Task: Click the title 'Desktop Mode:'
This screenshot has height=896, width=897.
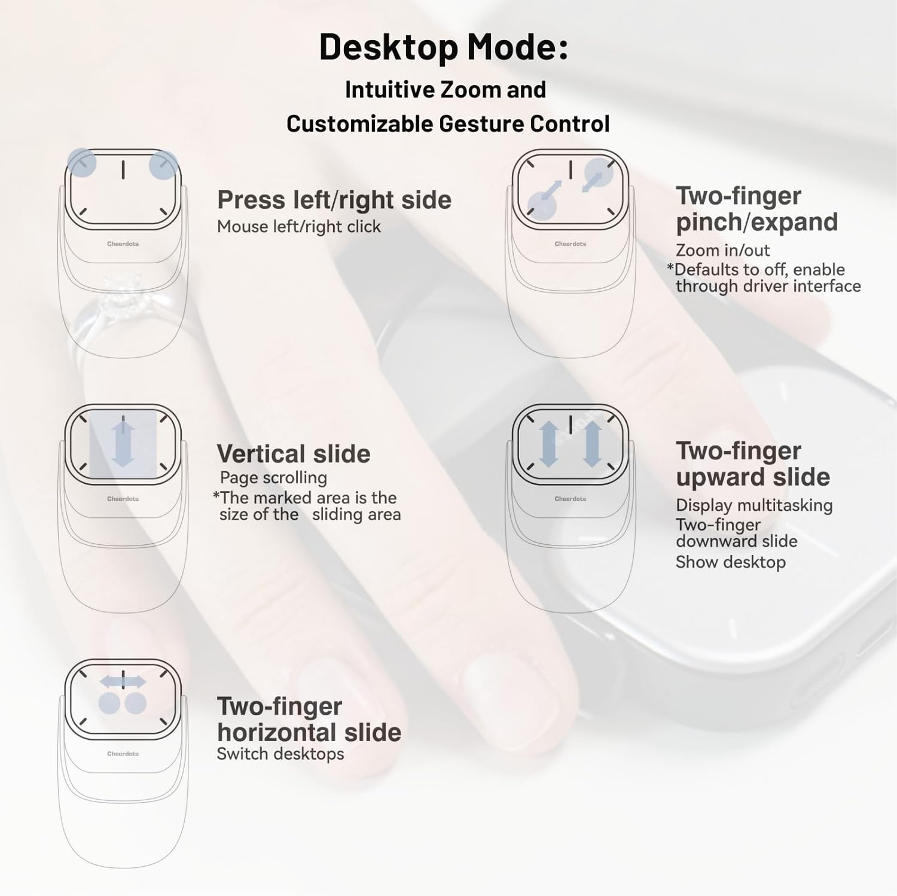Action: click(443, 47)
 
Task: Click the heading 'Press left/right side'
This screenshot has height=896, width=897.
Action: click(334, 200)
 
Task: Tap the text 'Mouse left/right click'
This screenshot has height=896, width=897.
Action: click(298, 227)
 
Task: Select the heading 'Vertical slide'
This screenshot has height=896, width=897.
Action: click(293, 454)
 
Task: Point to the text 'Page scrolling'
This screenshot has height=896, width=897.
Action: click(273, 477)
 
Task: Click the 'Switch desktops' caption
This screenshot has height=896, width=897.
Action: click(280, 754)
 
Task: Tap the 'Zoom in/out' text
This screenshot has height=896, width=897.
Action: click(722, 250)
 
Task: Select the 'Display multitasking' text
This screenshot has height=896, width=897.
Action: click(753, 505)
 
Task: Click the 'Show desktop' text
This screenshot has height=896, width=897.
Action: click(730, 562)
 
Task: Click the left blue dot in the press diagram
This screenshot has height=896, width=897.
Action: click(81, 162)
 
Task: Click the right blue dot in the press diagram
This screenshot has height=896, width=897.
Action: click(163, 164)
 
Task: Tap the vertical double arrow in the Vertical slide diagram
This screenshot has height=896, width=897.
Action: click(123, 443)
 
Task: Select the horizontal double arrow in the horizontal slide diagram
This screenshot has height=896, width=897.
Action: click(123, 681)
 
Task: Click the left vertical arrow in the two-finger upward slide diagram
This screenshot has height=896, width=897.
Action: click(548, 443)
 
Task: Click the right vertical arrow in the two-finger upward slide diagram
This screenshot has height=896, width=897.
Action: click(592, 443)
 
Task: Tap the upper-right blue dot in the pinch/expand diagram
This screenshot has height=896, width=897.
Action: click(598, 173)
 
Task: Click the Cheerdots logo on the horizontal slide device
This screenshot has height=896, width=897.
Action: click(123, 754)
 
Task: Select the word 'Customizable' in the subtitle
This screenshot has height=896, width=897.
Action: click(360, 124)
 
